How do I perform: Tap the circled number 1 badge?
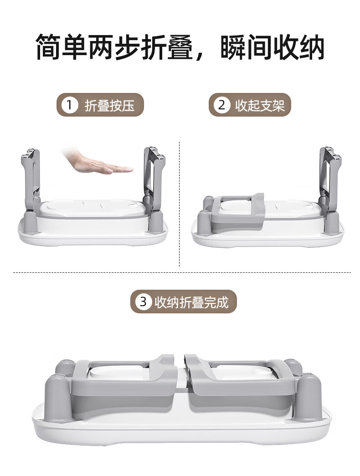70,106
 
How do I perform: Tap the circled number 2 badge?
222,106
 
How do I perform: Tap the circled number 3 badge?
144,302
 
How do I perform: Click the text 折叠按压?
110,106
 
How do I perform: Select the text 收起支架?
260,106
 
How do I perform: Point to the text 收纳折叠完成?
191,302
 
